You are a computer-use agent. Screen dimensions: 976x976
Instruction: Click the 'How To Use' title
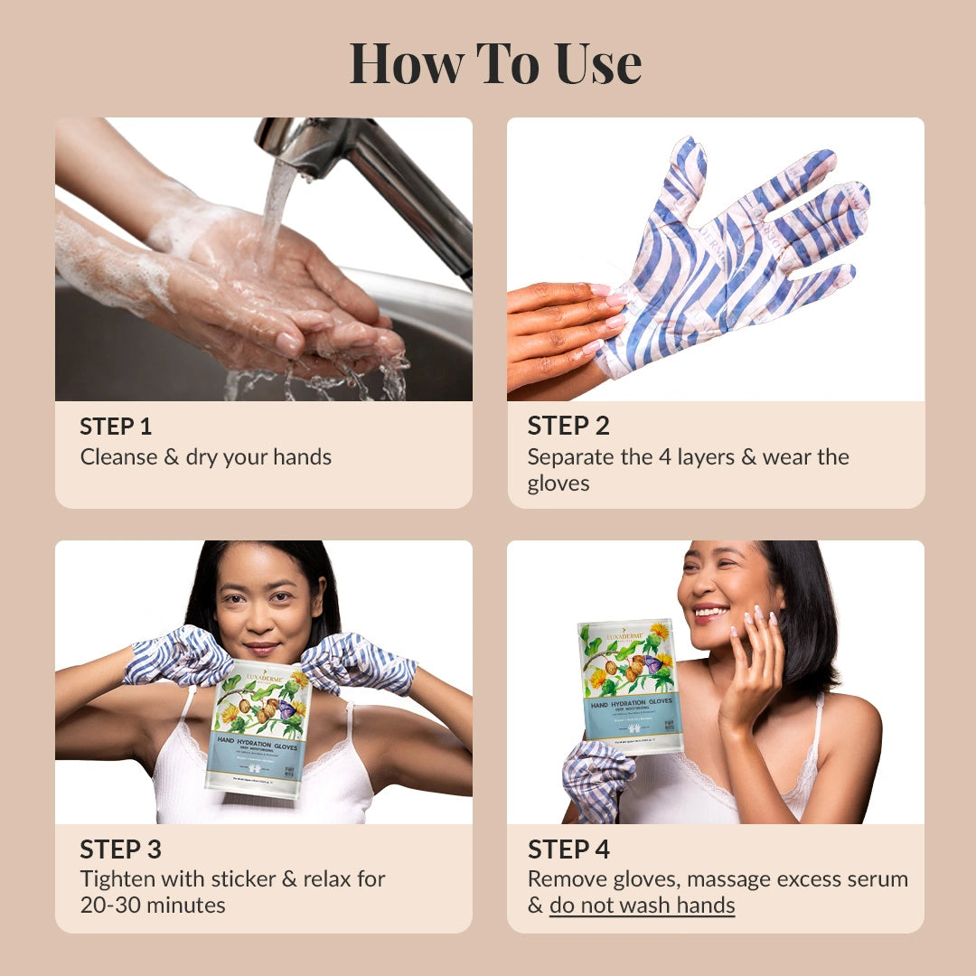pyautogui.click(x=495, y=63)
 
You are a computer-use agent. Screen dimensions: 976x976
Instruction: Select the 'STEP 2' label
pyautogui.click(x=568, y=427)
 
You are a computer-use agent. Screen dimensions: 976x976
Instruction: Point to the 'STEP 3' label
pyautogui.click(x=120, y=849)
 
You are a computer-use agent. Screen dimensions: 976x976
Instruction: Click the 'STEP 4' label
pyautogui.click(x=568, y=849)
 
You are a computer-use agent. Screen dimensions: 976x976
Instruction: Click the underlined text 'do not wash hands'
pyautogui.click(x=642, y=906)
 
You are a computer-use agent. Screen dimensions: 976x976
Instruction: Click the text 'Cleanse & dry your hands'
pyautogui.click(x=206, y=457)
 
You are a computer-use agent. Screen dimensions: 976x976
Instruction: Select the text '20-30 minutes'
pyautogui.click(x=153, y=906)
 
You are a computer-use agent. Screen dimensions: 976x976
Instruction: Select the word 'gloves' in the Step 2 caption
pyautogui.click(x=558, y=483)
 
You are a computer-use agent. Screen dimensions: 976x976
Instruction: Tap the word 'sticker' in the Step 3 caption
pyautogui.click(x=250, y=879)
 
